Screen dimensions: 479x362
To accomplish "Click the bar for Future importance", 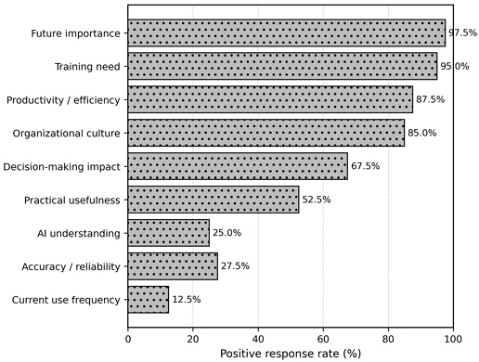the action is [287, 33].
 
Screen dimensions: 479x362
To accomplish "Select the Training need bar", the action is [282, 66].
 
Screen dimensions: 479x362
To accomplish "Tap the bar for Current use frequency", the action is [149, 300].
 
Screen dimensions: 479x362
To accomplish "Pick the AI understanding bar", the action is [169, 233].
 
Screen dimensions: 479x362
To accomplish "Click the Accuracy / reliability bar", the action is [173, 266].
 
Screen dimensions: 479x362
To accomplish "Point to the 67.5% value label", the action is [365, 166].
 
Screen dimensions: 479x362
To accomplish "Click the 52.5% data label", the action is [317, 200].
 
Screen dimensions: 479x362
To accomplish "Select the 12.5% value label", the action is [187, 300].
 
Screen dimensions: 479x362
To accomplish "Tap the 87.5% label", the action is [430, 99].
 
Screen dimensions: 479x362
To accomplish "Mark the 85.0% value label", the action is [422, 133].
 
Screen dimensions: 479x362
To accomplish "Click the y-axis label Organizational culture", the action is [66, 134].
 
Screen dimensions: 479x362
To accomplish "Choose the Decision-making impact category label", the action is [61, 167].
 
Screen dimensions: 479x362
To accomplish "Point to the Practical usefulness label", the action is [72, 200].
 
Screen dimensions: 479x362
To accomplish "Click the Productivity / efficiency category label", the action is [63, 100].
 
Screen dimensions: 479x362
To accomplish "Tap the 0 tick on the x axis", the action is [128, 339].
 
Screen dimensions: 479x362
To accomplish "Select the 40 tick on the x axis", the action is [258, 339].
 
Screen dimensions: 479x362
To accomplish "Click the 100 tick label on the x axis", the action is [453, 339].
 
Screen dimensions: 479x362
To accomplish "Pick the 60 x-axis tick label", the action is [323, 339].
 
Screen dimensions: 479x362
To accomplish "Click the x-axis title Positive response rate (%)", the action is [291, 354].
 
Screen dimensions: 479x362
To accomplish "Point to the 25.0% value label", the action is [227, 233].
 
